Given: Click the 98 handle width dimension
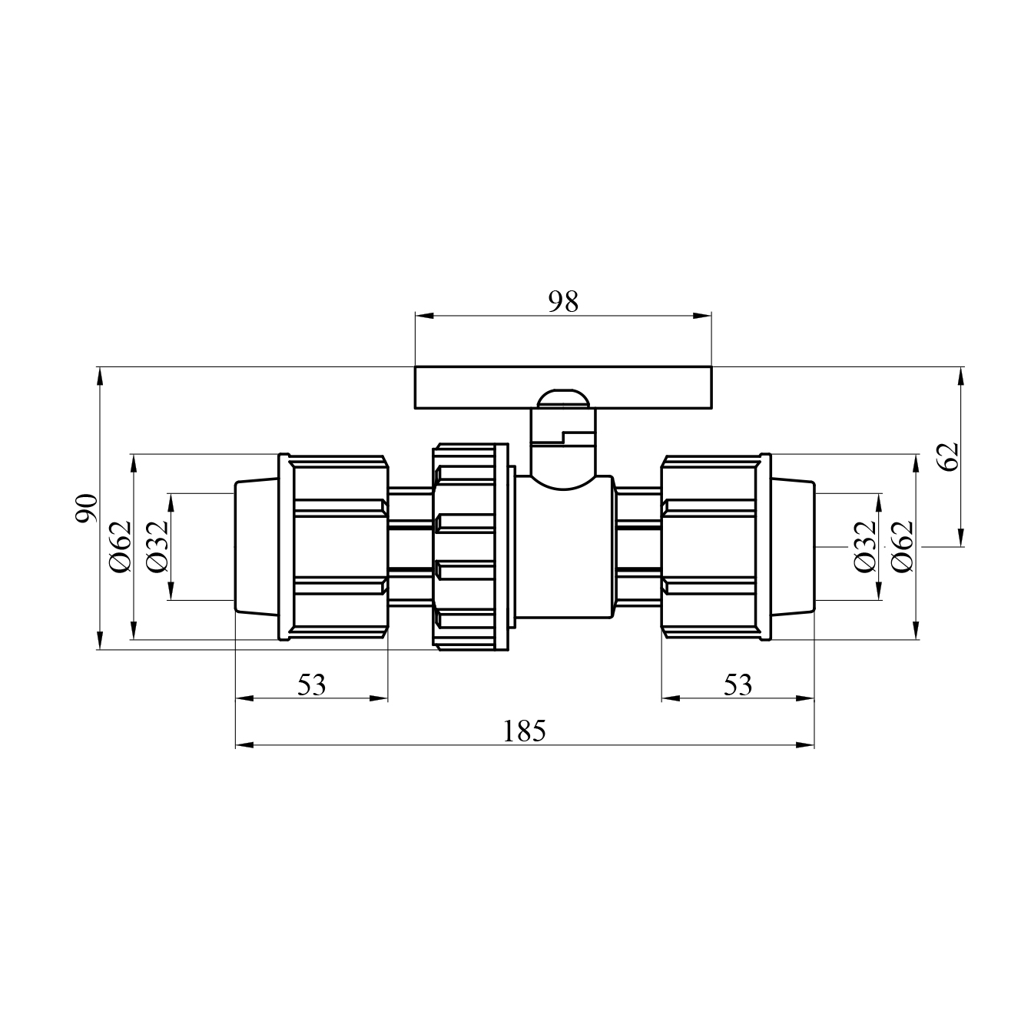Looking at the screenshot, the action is [563, 303].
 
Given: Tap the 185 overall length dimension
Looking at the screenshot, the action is [524, 731].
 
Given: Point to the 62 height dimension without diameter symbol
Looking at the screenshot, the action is [949, 457].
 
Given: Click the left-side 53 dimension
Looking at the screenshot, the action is [311, 685].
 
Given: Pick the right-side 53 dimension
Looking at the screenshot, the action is [738, 685].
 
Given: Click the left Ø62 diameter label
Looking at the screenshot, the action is [120, 546].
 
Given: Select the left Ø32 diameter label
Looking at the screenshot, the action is [157, 546].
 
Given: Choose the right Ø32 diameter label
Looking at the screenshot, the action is [865, 546].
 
